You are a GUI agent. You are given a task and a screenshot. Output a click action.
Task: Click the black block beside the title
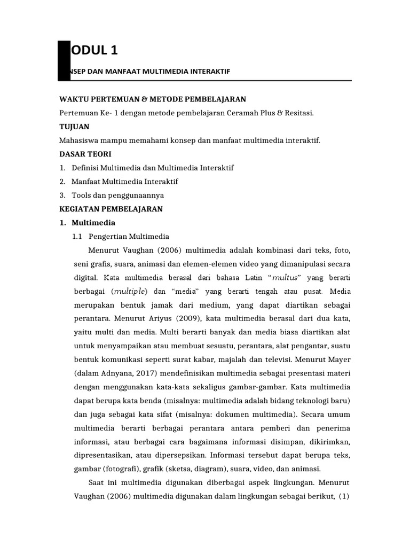click(x=64, y=60)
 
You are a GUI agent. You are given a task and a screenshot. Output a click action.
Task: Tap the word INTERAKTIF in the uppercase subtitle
click(x=211, y=71)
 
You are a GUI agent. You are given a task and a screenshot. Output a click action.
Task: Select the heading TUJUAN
click(x=74, y=127)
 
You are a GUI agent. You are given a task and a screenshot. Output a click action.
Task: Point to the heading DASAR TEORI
click(x=85, y=154)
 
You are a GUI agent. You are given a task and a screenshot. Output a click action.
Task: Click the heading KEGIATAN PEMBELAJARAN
click(x=111, y=209)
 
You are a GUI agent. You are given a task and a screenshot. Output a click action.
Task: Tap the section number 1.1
click(x=78, y=237)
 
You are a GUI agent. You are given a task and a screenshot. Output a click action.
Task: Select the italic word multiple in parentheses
click(x=130, y=292)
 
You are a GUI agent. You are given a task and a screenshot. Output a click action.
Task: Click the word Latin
click(x=255, y=278)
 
